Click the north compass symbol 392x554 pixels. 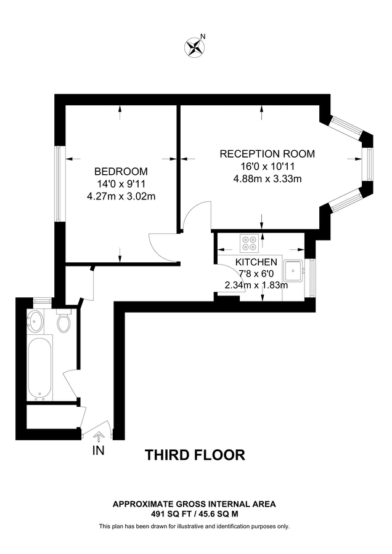[x=195, y=47]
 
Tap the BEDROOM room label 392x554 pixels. [x=121, y=171]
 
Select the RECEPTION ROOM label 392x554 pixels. [x=267, y=154]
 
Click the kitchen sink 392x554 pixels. [x=294, y=270]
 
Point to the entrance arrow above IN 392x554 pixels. [x=97, y=438]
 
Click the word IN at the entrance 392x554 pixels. [x=97, y=451]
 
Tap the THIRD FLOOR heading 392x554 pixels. [x=195, y=455]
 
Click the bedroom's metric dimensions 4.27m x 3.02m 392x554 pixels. [x=121, y=197]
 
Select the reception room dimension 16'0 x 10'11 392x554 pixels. [x=267, y=167]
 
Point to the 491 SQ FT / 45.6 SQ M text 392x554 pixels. [x=194, y=513]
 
